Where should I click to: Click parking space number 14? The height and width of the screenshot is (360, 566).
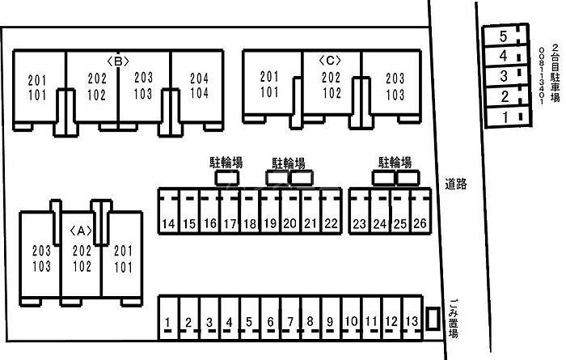click(168, 223)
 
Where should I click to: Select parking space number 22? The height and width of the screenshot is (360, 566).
click(330, 223)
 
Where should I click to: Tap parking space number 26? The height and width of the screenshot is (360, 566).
click(419, 223)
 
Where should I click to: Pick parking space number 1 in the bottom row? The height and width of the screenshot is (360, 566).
click(167, 323)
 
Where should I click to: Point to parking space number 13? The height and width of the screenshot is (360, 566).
click(412, 323)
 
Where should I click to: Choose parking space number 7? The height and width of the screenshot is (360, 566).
click(289, 323)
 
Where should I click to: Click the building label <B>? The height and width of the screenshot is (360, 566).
click(119, 61)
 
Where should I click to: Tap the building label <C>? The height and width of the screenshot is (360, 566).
click(331, 61)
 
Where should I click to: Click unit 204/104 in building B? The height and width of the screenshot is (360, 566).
click(199, 86)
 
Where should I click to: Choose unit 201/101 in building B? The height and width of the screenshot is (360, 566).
click(37, 87)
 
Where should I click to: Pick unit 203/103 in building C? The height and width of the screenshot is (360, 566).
click(395, 86)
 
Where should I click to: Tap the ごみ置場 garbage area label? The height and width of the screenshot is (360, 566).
click(454, 316)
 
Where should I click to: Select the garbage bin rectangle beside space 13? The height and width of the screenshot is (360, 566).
click(433, 318)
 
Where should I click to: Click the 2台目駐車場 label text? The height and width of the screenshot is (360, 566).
click(554, 74)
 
